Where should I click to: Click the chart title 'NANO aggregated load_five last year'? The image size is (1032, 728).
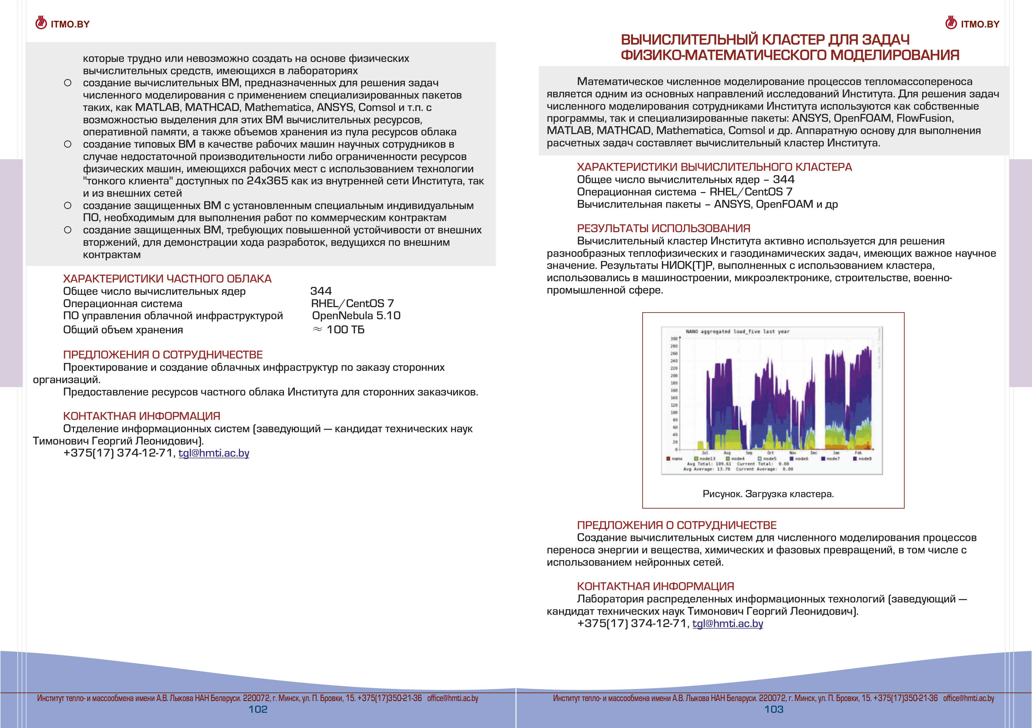737,332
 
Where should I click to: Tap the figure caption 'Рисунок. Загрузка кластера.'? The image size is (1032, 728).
768,494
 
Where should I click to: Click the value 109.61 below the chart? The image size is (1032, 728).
723,464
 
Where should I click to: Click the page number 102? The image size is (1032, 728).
258,709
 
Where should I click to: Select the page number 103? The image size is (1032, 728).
773,709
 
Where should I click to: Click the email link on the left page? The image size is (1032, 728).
214,453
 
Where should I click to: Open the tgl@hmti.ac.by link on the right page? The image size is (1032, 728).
728,623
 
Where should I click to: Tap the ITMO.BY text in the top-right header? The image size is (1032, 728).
980,24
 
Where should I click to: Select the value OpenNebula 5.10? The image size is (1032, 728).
356,316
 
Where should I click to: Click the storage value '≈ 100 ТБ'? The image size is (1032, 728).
338,330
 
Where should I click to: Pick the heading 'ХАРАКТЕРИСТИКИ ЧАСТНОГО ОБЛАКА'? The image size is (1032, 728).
167,279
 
